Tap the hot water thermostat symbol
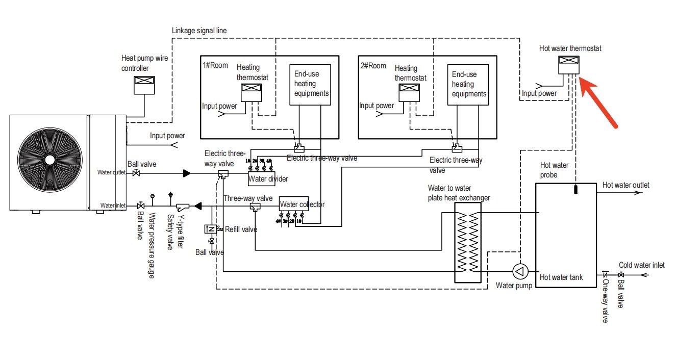(568, 65)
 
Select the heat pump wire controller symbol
(144, 85)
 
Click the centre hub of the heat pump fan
(50, 160)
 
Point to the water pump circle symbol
(520, 271)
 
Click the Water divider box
(261, 179)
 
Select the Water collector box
(294, 204)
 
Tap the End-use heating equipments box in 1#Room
(310, 85)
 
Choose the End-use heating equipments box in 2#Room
(468, 85)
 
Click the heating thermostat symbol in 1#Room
(252, 93)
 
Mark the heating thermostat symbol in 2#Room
(409, 93)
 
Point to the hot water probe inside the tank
(575, 189)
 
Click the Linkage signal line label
(199, 31)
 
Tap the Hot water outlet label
(625, 185)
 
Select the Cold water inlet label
(642, 265)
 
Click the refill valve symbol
(210, 229)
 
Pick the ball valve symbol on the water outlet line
(136, 173)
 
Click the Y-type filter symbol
(183, 207)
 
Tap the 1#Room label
(215, 65)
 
